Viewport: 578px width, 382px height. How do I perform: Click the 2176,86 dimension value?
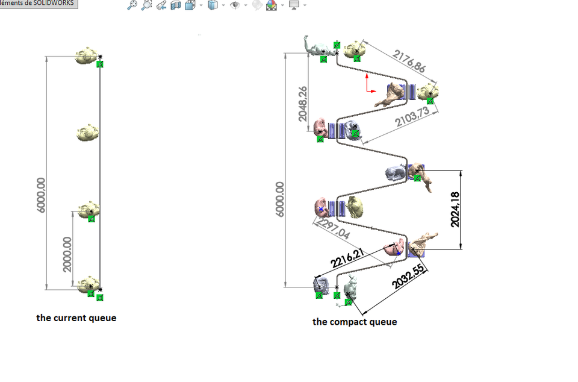[409, 61]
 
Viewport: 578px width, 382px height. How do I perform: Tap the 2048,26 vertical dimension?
[303, 103]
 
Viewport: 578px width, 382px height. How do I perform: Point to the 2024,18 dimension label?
[455, 209]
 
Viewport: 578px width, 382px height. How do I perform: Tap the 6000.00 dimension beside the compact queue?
[280, 199]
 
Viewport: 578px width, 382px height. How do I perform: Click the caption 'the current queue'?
[76, 318]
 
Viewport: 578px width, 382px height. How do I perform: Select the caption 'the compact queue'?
[355, 322]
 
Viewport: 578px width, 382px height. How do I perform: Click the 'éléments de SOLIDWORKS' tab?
[38, 4]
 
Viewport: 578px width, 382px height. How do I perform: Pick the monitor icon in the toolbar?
[294, 5]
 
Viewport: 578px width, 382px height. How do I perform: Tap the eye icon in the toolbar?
[235, 5]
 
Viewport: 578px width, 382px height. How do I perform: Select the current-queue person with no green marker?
[88, 132]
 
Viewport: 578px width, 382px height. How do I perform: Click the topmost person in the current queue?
[87, 55]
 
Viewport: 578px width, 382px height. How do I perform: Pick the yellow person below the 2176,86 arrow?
[428, 92]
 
